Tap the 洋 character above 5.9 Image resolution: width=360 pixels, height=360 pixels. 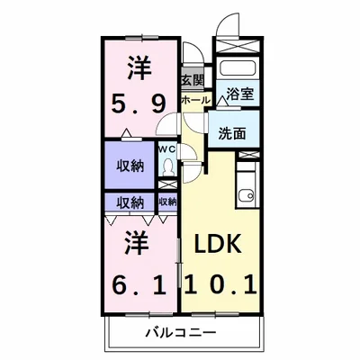pos(138,67)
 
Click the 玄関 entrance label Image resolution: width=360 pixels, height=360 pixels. pos(191,80)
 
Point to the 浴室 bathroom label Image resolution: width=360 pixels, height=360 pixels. pos(239,92)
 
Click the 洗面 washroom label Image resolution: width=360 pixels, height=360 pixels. pos(232,132)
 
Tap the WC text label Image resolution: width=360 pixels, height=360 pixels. pos(166,148)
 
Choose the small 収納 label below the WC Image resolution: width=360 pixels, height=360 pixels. pos(167,202)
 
